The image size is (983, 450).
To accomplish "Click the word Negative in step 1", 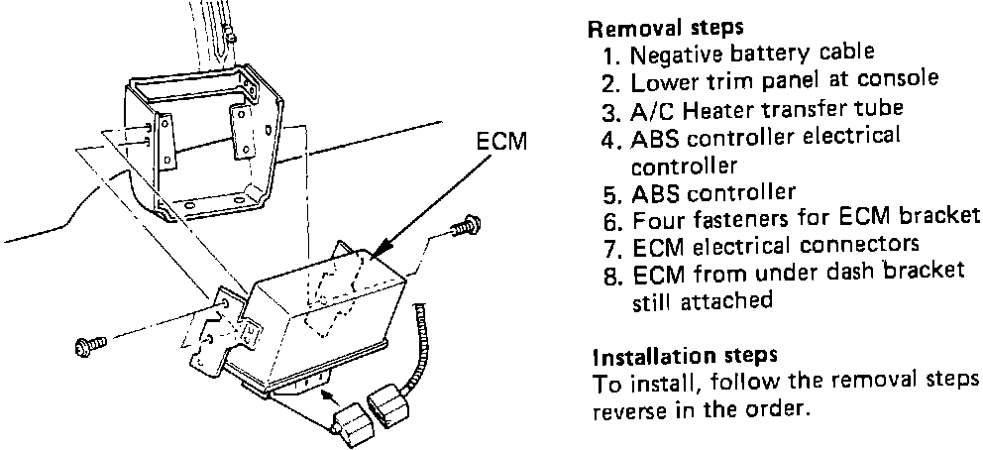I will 663,53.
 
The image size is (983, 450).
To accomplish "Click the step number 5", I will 609,192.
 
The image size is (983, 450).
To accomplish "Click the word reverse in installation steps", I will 626,408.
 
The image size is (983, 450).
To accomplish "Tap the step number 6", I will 609,218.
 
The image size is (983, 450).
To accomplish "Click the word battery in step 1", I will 762,53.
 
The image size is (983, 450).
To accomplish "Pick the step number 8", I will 609,271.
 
